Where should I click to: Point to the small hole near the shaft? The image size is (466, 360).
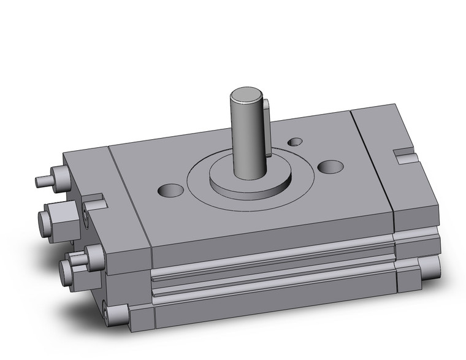(x=296, y=142)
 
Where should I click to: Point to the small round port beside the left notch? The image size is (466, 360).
(x=85, y=212)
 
